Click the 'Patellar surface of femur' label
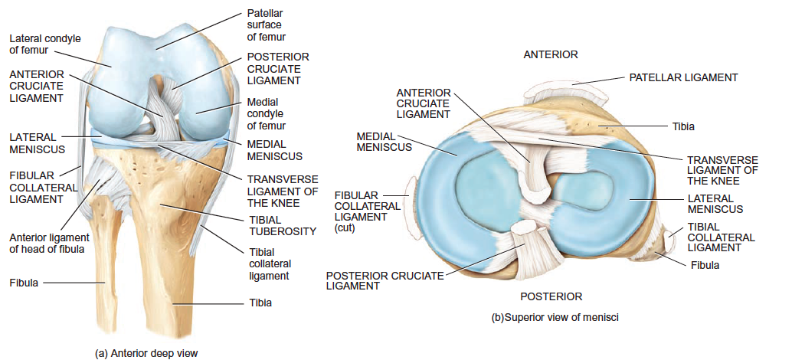[x=266, y=25]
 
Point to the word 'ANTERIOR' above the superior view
[x=551, y=54]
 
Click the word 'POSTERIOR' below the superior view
[x=551, y=296]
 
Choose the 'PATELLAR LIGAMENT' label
[x=683, y=77]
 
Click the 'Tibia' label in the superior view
[x=682, y=126]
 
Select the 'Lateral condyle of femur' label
[x=44, y=44]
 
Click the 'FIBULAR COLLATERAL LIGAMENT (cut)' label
[x=367, y=211]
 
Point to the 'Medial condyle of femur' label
[x=267, y=113]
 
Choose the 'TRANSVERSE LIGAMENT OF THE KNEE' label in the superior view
[x=722, y=170]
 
